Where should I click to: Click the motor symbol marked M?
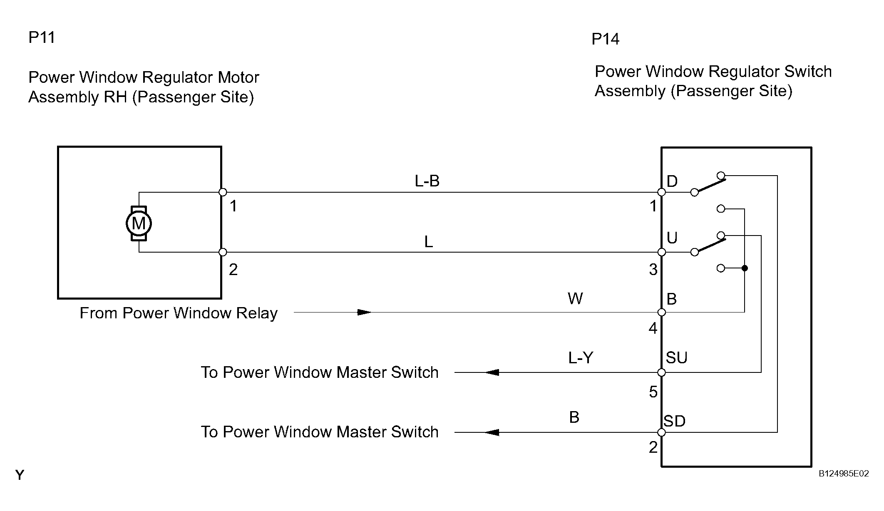(x=139, y=223)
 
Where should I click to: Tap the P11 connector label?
(x=42, y=37)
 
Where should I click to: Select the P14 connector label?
(x=605, y=39)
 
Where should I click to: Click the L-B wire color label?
(x=427, y=181)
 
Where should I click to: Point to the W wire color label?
(x=575, y=298)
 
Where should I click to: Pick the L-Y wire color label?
(x=581, y=357)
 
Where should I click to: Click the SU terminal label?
(x=676, y=357)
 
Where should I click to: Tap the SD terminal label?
(x=674, y=421)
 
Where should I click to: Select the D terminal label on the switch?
(x=672, y=181)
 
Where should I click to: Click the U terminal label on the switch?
(x=672, y=238)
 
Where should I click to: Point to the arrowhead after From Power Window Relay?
(x=365, y=312)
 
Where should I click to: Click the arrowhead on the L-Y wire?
(x=492, y=372)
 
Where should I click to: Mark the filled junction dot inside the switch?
(x=745, y=268)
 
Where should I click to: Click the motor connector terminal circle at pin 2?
(x=223, y=252)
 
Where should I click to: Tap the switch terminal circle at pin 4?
(x=661, y=313)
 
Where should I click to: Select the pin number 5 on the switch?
(x=653, y=392)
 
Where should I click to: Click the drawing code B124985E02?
(x=844, y=474)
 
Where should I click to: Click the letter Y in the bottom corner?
(x=20, y=475)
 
